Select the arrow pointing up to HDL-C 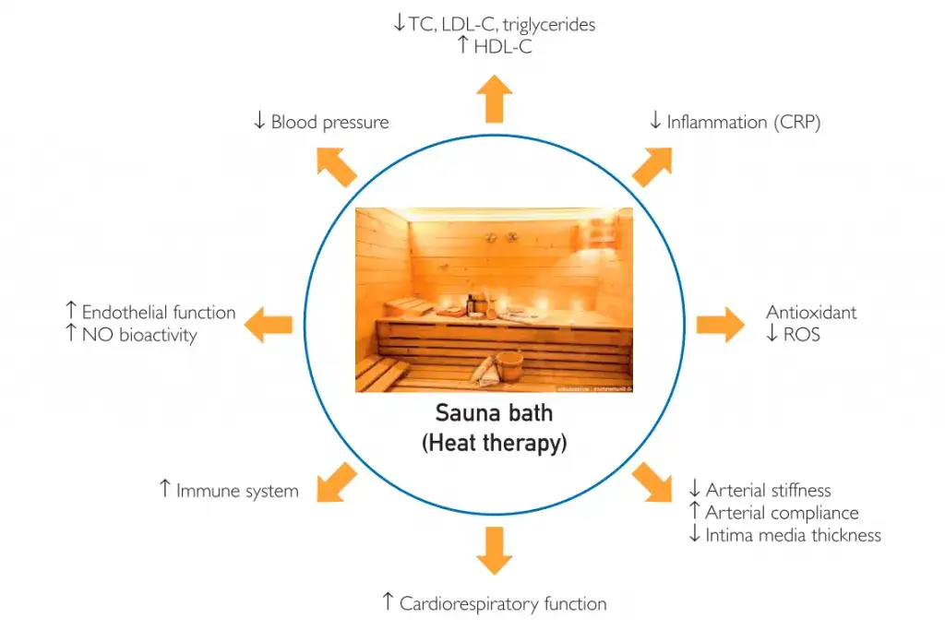pyautogui.click(x=496, y=98)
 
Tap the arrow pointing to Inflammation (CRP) pyautogui.click(x=653, y=164)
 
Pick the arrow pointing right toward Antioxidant pyautogui.click(x=720, y=324)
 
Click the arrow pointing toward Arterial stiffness pyautogui.click(x=653, y=481)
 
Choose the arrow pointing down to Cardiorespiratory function pyautogui.click(x=496, y=551)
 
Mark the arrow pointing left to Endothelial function pyautogui.click(x=269, y=324)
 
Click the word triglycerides pyautogui.click(x=545, y=25)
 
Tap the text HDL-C pyautogui.click(x=503, y=46)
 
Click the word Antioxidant pyautogui.click(x=811, y=312)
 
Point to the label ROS pyautogui.click(x=801, y=334)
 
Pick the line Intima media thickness pyautogui.click(x=793, y=535)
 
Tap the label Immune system pyautogui.click(x=237, y=491)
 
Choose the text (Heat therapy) pyautogui.click(x=494, y=443)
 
